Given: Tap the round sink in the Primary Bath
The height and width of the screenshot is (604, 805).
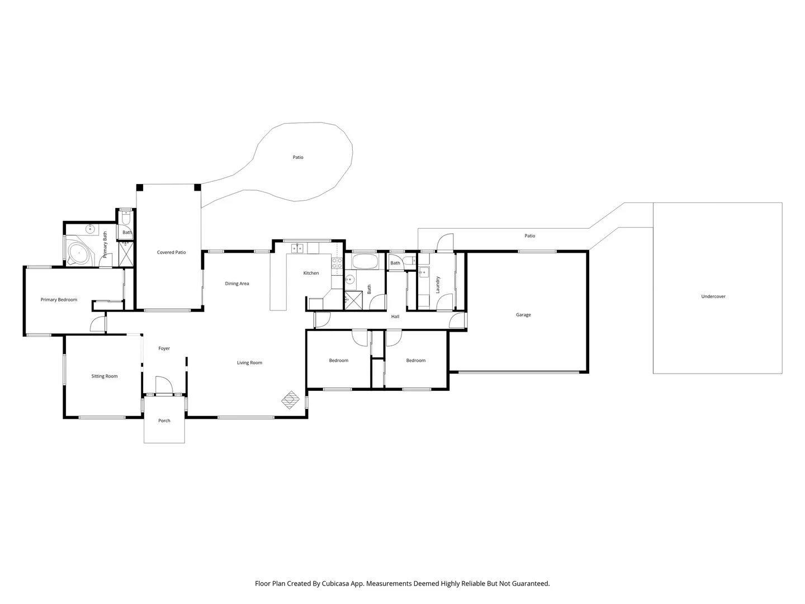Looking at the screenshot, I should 89,229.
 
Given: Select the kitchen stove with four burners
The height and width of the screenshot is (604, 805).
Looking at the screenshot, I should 337,263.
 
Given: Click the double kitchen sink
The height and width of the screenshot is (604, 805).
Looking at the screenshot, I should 296,248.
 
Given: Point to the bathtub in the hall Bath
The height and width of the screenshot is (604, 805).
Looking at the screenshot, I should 364,261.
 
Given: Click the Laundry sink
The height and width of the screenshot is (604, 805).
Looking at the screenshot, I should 424,272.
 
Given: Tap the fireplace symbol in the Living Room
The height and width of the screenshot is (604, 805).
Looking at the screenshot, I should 290,399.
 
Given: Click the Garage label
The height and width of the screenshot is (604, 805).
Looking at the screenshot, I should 523,315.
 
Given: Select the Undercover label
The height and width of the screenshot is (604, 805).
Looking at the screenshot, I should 713,296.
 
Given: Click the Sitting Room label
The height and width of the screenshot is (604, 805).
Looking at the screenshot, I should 105,376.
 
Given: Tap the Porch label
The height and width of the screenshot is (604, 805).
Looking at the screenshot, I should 164,421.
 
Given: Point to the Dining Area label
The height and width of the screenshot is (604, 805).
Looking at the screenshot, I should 237,284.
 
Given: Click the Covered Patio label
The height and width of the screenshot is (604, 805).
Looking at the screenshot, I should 171,252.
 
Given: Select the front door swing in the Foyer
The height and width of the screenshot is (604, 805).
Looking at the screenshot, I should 164,385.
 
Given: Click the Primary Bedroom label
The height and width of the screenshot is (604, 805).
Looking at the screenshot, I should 59,300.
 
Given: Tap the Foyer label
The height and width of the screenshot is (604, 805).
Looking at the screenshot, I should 164,348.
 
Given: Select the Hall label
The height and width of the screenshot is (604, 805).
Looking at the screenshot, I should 395,317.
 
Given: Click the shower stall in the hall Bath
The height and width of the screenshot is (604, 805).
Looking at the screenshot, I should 353,300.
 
